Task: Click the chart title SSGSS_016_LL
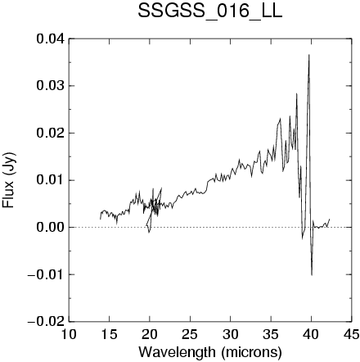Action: [209, 12]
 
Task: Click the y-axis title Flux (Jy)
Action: [8, 180]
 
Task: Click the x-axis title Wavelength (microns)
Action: [210, 352]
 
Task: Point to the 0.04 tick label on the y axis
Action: [51, 38]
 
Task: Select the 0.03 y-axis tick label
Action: [51, 86]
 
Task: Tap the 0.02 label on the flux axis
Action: [51, 133]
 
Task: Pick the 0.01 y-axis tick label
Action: [51, 180]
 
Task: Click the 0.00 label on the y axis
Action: [51, 227]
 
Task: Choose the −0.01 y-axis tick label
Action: [47, 274]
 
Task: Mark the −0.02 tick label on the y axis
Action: [47, 321]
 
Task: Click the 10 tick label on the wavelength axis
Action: [69, 334]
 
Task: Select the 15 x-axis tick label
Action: [109, 334]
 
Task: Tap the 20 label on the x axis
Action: [150, 334]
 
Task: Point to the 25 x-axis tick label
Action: [190, 334]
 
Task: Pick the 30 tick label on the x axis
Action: [230, 334]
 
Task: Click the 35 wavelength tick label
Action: [271, 334]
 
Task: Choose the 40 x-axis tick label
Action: [311, 334]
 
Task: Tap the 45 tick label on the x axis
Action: [351, 334]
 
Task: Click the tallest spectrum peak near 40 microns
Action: [309, 55]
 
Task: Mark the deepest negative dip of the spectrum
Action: [312, 274]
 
